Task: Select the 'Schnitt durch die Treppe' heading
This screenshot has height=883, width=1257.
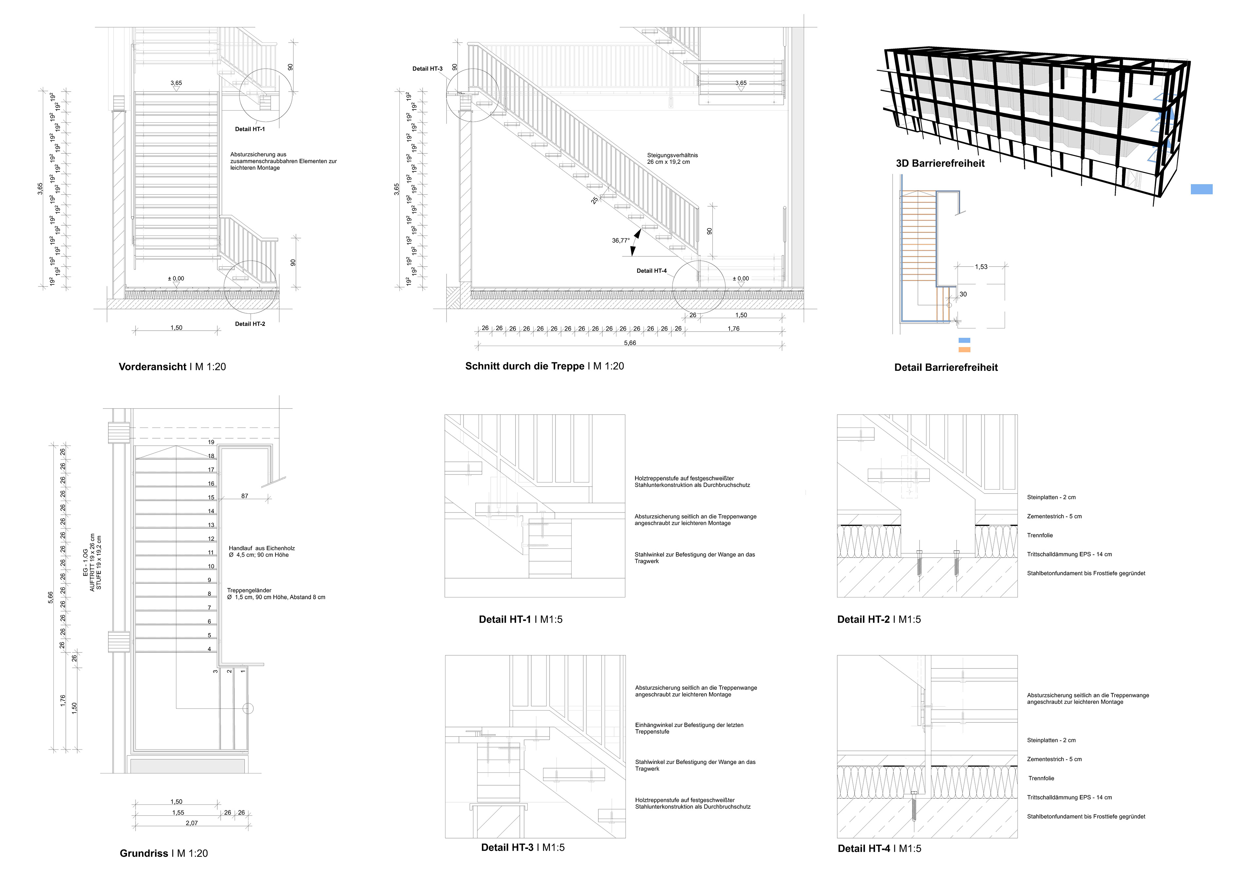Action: tap(524, 367)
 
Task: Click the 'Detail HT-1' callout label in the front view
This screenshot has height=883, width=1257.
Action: tap(250, 129)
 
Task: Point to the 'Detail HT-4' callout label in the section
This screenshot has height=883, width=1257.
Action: tap(651, 271)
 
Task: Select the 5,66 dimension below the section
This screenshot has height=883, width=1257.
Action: tap(630, 343)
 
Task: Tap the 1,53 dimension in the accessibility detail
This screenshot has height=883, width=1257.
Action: tap(981, 267)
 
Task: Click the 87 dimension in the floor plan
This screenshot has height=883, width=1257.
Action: tap(245, 496)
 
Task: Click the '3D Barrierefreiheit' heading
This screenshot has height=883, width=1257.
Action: tap(940, 164)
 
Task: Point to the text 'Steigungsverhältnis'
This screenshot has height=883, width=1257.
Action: tap(672, 155)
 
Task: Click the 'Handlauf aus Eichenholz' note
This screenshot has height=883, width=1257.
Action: tap(262, 548)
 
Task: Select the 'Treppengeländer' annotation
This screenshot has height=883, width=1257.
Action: tap(249, 590)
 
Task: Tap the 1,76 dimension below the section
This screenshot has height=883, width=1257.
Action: tap(734, 329)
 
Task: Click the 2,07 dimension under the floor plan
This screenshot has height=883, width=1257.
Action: tap(191, 823)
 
